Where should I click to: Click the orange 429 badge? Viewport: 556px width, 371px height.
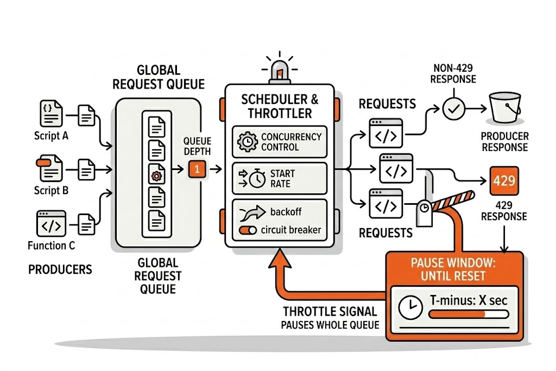click(504, 180)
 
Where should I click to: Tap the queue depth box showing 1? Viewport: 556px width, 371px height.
click(197, 169)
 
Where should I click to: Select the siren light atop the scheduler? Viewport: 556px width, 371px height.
click(279, 71)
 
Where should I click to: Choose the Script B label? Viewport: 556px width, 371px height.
click(51, 190)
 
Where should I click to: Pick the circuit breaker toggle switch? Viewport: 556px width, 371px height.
click(247, 230)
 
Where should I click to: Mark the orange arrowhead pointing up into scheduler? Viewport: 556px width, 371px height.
click(279, 260)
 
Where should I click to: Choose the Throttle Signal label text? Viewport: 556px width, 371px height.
click(330, 312)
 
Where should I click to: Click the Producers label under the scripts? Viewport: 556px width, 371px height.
click(60, 269)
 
